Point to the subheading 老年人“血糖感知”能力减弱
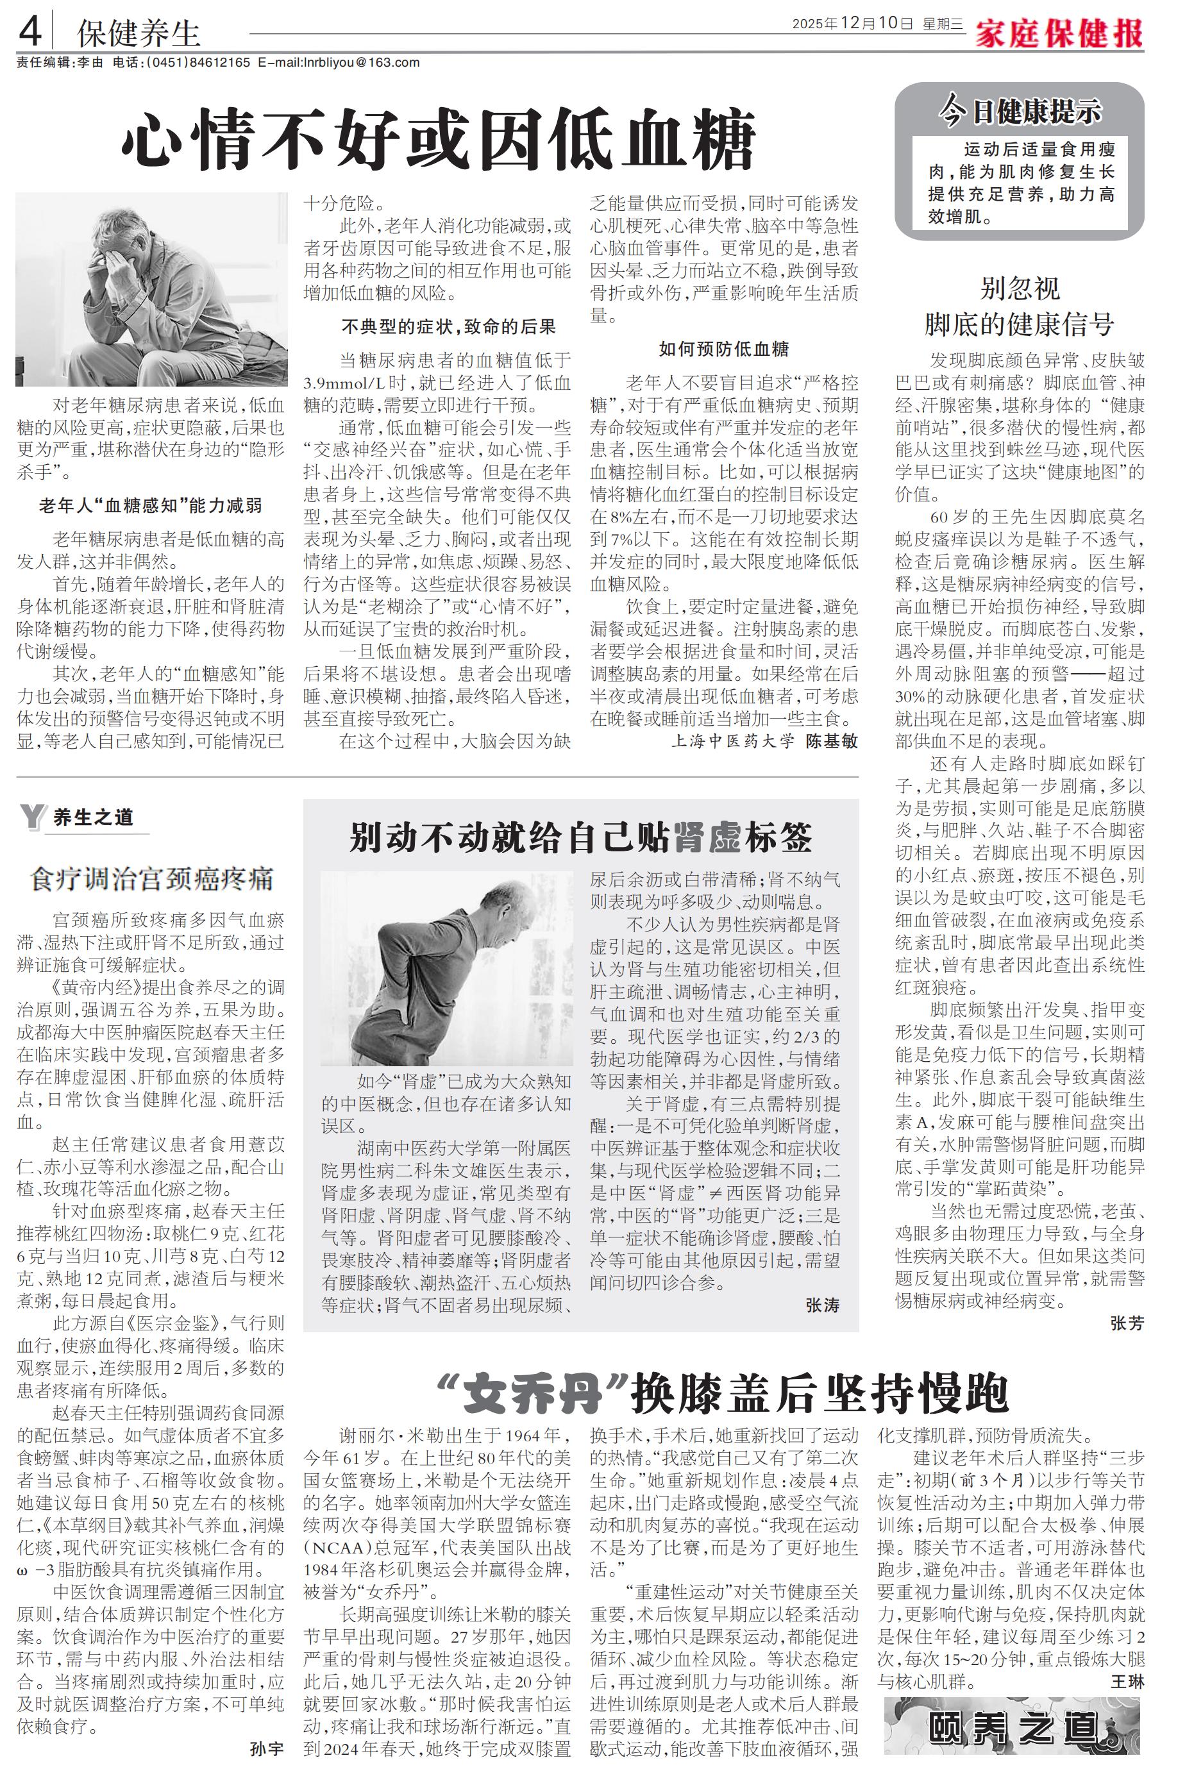pyautogui.click(x=151, y=505)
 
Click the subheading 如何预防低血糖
pyautogui.click(x=723, y=349)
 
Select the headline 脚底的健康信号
pyautogui.click(x=1019, y=324)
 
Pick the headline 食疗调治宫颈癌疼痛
pyautogui.click(x=151, y=880)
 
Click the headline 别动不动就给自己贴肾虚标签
pyautogui.click(x=580, y=837)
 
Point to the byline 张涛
pyautogui.click(x=822, y=1305)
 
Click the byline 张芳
pyautogui.click(x=1127, y=1323)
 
